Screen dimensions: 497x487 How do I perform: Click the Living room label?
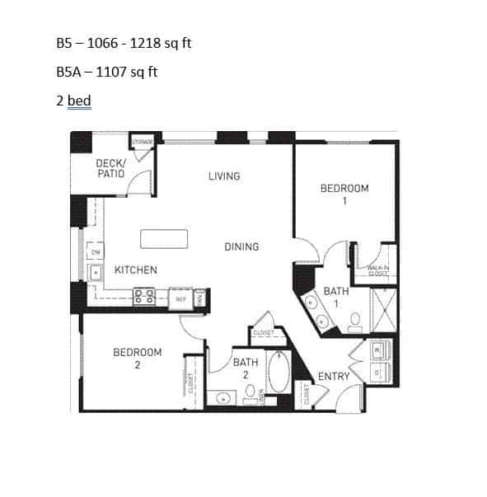pos(224,176)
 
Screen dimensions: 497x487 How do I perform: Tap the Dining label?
pos(241,246)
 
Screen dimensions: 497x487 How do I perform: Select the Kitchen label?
pos(135,270)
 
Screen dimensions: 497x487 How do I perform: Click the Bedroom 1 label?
pos(344,194)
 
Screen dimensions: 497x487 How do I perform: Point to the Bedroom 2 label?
pos(137,358)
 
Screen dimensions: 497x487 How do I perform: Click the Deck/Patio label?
pos(110,168)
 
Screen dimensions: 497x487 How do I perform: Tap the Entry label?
pos(334,377)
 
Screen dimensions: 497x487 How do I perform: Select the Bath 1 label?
pos(335,296)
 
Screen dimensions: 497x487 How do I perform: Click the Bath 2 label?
pos(246,367)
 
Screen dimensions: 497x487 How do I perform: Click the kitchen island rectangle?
pos(164,239)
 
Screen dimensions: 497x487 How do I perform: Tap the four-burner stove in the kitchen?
pos(144,297)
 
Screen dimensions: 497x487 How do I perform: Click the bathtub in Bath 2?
pos(279,373)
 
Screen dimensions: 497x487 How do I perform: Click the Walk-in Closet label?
pos(377,270)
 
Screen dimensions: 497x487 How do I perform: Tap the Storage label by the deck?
pos(143,143)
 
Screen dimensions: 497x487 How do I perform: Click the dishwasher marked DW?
pos(96,252)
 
